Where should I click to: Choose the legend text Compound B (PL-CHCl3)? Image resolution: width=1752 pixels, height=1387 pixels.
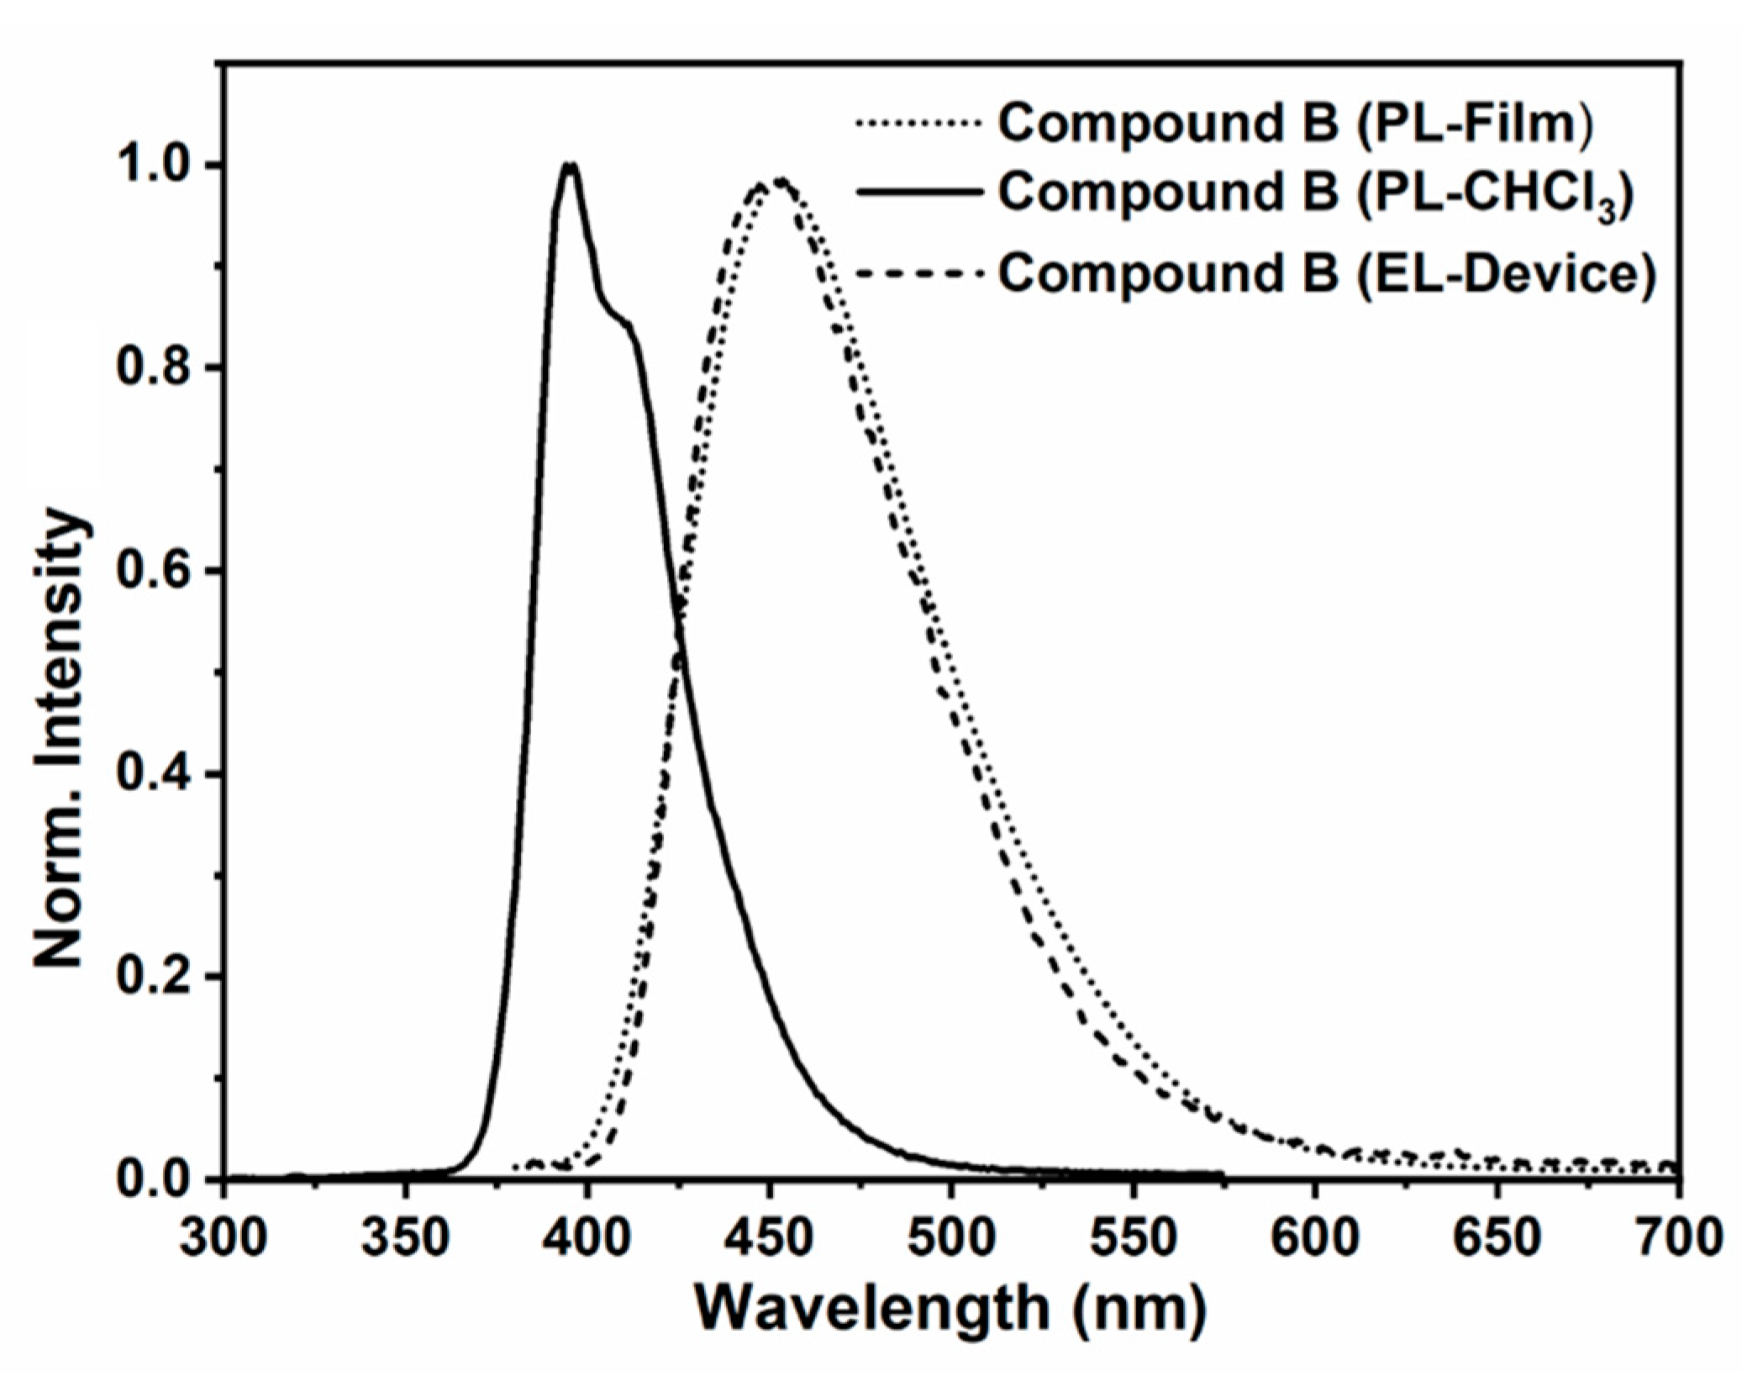(x=1315, y=195)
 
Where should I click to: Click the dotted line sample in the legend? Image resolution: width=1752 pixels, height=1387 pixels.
(x=918, y=124)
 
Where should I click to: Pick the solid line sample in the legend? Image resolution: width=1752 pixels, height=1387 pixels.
(x=918, y=193)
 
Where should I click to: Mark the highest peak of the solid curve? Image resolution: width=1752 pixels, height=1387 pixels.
(x=571, y=166)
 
